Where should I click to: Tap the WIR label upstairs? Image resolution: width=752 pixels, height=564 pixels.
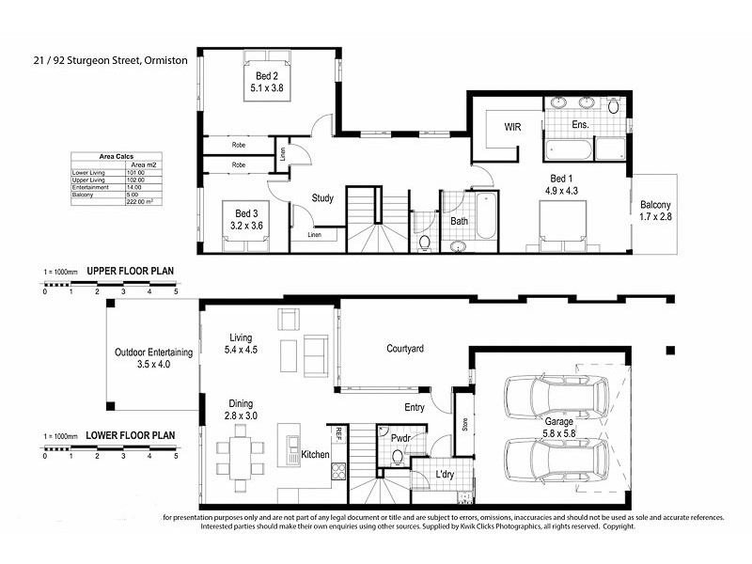click(512, 125)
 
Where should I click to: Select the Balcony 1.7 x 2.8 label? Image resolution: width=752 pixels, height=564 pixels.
click(656, 211)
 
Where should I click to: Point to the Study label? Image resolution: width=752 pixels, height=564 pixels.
click(324, 198)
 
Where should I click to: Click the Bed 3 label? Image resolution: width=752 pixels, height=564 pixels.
click(246, 219)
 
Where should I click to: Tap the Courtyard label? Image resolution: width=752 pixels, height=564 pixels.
click(405, 349)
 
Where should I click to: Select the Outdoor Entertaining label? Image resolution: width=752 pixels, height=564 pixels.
click(154, 358)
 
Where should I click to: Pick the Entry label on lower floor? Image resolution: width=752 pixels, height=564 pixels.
click(414, 407)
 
